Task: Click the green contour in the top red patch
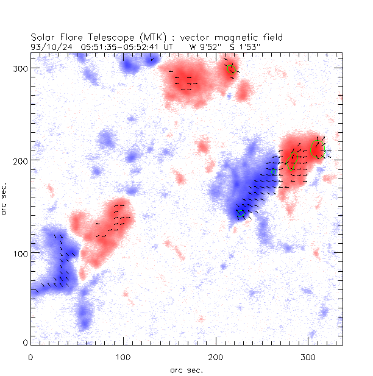point(232,69)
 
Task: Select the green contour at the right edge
point(317,149)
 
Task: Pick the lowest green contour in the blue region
point(241,214)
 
